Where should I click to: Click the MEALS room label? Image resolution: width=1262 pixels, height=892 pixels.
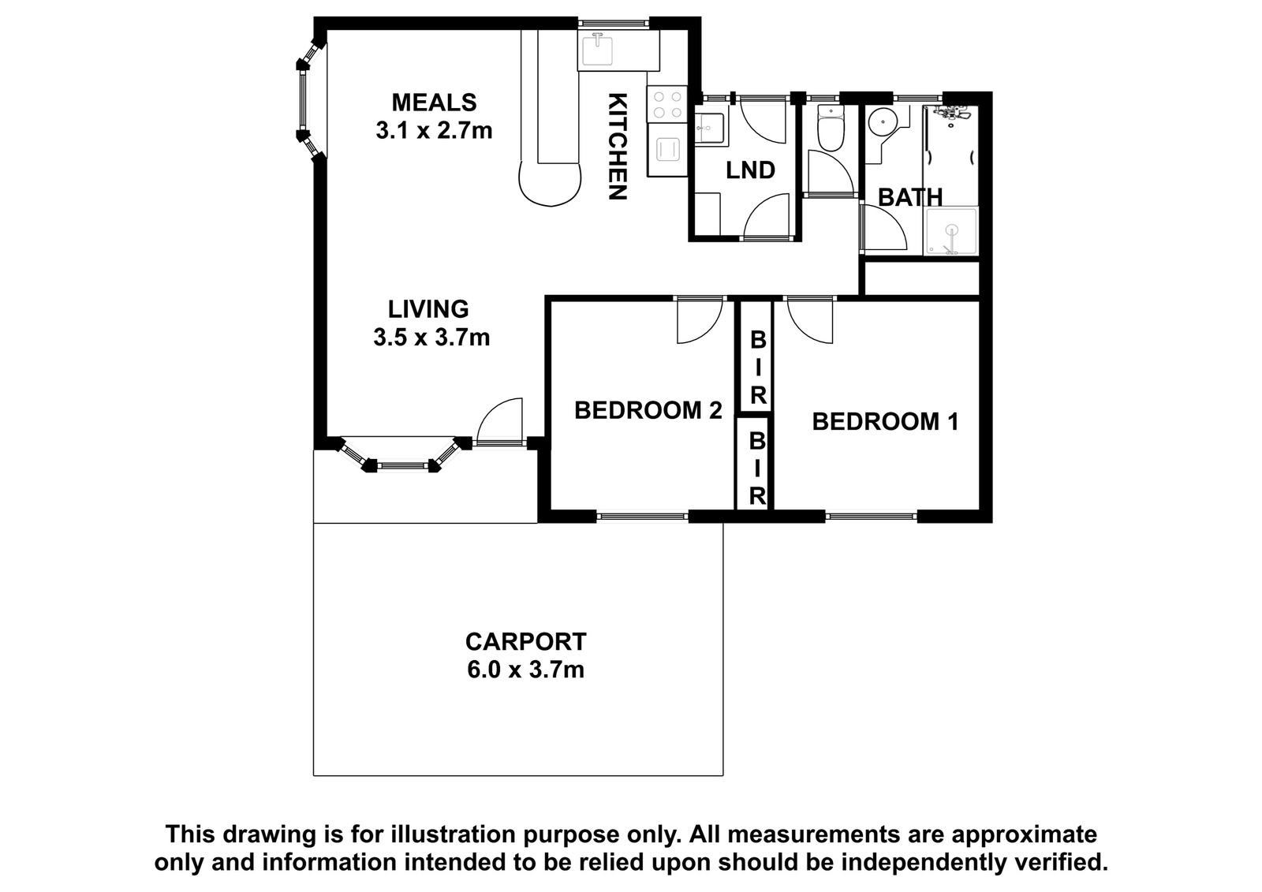coord(434,103)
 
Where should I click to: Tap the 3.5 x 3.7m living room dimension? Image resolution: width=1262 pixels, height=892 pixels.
coord(431,338)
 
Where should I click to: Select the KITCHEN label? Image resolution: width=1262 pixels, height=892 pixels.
coord(618,147)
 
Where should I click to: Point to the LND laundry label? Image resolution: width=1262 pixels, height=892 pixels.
coord(750,170)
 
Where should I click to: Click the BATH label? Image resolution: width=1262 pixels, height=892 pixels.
coord(910,197)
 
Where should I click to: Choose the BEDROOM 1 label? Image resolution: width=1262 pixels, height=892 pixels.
coord(885,421)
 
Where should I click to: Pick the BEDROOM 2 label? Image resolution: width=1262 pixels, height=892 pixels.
coord(648,410)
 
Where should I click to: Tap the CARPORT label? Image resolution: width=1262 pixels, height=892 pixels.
coord(525,642)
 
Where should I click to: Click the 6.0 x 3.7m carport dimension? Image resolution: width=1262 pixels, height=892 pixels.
coord(525,670)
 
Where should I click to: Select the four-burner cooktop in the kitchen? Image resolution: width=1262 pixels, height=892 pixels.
coord(667,104)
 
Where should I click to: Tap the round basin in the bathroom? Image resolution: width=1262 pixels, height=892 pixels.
coord(879,120)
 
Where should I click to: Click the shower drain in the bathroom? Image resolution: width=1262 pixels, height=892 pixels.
coord(952,230)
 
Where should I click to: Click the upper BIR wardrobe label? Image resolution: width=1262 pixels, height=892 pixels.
coord(758,368)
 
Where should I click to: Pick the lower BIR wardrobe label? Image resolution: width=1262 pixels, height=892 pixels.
coord(757,468)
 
